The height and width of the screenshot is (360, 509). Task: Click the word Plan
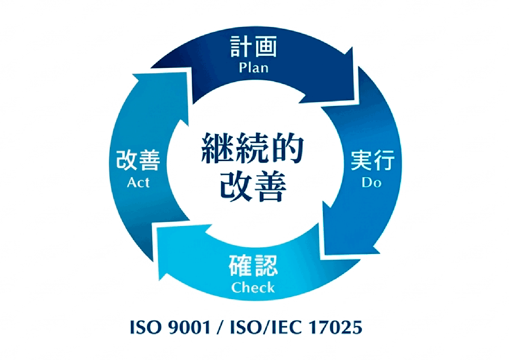click(x=254, y=68)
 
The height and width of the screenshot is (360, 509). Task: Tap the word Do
click(x=372, y=182)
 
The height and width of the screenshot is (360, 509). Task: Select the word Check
click(x=253, y=287)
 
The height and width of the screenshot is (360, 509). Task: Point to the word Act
click(x=138, y=182)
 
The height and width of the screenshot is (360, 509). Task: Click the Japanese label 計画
click(x=253, y=46)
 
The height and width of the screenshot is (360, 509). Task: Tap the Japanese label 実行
click(x=373, y=160)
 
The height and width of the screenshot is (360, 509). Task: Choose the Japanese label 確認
click(x=253, y=265)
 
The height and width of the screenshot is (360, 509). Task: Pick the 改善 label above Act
click(x=138, y=160)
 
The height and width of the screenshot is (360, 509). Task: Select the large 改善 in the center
click(x=253, y=187)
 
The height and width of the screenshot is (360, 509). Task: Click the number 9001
click(x=190, y=327)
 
